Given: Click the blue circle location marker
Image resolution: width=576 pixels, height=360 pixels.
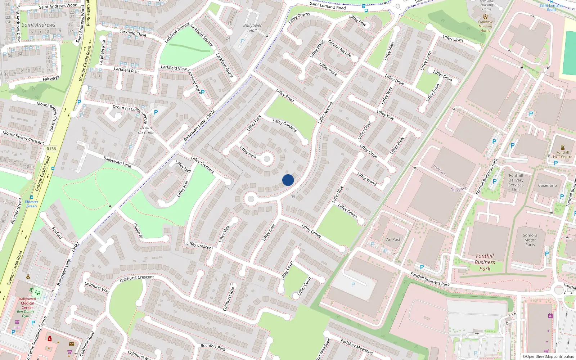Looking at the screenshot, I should (288, 180).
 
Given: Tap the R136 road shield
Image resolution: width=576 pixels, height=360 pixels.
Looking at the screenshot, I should (51, 149).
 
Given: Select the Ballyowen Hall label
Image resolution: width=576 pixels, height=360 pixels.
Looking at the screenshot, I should (253, 28).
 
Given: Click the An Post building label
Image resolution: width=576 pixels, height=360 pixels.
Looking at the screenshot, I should (393, 239).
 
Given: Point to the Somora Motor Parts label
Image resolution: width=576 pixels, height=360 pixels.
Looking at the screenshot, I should (530, 240).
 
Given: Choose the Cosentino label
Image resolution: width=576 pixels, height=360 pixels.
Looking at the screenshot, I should (547, 185).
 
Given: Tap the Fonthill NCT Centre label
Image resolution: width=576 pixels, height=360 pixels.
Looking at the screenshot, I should (562, 154).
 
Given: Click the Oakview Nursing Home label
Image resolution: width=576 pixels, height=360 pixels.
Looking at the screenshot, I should (485, 26).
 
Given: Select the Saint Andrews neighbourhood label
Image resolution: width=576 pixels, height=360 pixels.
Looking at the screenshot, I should (39, 25).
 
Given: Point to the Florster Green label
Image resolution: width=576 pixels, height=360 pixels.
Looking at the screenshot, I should (32, 204).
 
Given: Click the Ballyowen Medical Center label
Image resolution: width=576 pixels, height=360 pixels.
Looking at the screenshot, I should (27, 303).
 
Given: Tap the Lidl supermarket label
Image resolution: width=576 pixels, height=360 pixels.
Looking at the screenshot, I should (17, 328).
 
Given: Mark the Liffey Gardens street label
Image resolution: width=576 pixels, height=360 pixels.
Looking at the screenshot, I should (284, 126).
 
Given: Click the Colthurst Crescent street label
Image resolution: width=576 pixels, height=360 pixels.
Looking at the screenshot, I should (137, 278).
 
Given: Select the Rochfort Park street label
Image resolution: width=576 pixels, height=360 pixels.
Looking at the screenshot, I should (213, 347).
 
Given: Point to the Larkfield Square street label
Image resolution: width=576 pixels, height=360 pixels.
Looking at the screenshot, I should (202, 35).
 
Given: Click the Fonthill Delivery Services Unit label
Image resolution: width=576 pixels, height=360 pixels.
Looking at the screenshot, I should (516, 183).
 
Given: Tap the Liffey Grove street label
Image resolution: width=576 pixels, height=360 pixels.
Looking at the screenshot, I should (311, 231).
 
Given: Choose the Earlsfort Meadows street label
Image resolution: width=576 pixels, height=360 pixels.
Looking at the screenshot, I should (357, 346).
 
